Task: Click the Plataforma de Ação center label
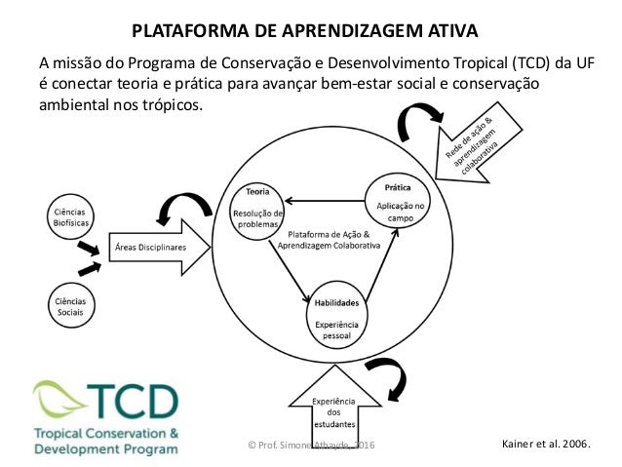pos(334,240)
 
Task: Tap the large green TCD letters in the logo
pos(133,399)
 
